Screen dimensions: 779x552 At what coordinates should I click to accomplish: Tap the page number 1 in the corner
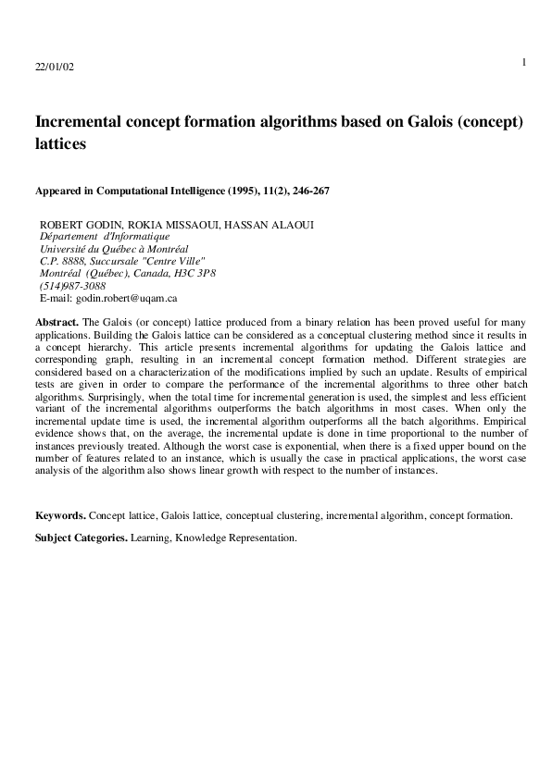523,62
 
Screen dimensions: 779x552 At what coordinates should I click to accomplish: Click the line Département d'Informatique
105,237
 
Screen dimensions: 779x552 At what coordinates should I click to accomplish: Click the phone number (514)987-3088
72,287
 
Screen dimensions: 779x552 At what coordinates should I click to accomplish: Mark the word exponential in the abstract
289,447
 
